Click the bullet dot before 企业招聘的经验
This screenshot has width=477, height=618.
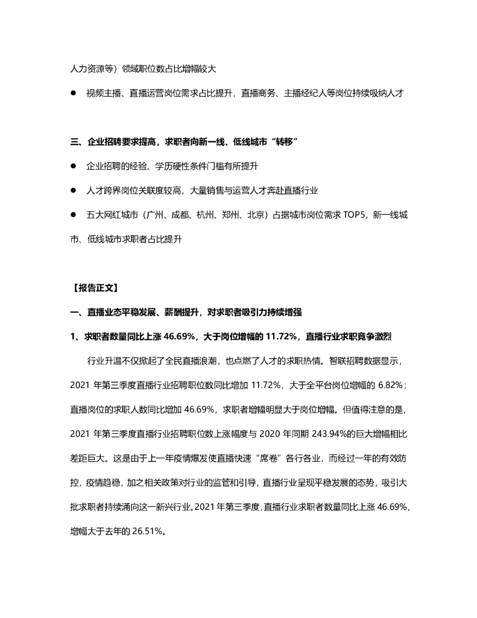(x=74, y=165)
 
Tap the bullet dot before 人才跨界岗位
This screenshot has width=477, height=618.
(x=74, y=190)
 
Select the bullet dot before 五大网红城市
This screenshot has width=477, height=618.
(x=74, y=215)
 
